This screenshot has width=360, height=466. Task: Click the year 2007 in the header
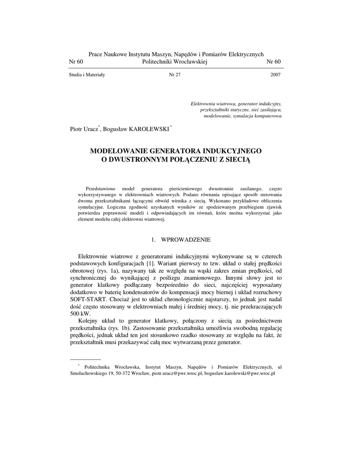coord(275,75)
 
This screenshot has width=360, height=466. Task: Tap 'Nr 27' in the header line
coord(175,75)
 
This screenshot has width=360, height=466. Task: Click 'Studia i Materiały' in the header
coord(87,75)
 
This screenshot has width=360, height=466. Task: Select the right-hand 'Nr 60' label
coord(274,62)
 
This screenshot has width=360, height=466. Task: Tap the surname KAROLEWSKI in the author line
coord(149,129)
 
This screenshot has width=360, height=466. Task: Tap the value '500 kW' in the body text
coord(80,314)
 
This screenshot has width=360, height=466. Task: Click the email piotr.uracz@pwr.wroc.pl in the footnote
coord(177,373)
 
